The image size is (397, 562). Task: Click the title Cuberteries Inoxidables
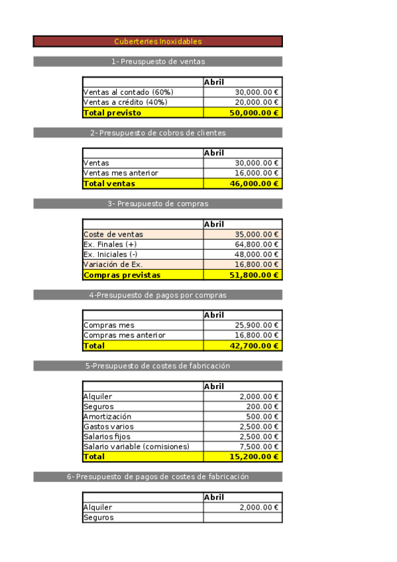(x=158, y=41)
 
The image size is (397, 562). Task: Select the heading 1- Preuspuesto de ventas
(x=158, y=62)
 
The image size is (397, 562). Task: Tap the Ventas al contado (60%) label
(x=125, y=92)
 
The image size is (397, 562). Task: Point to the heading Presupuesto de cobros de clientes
(x=158, y=133)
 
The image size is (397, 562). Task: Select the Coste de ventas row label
(x=113, y=234)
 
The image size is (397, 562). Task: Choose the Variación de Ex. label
(x=113, y=264)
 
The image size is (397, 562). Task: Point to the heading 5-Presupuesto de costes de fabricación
(x=158, y=366)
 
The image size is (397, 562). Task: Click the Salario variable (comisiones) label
(x=137, y=447)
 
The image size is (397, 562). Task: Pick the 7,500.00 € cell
(x=258, y=447)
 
